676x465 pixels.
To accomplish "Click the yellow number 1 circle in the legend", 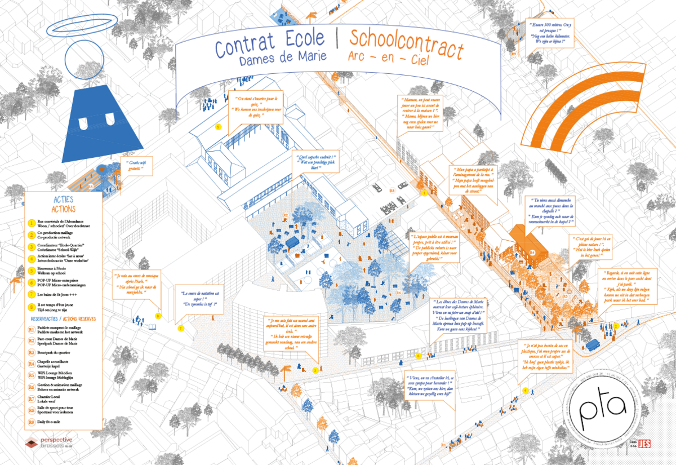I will (x=32, y=222).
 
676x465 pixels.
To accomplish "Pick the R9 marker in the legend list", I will (x=32, y=422).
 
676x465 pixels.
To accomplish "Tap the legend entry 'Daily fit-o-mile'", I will (x=54, y=422).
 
